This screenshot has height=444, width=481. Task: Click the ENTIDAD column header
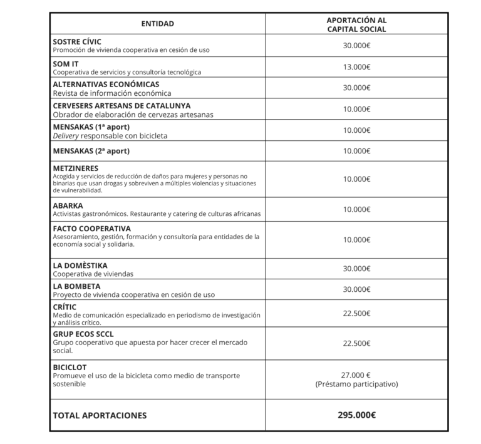click(x=157, y=24)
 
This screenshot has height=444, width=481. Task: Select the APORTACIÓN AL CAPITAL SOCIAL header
click(x=356, y=24)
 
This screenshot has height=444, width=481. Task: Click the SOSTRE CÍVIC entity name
click(x=77, y=41)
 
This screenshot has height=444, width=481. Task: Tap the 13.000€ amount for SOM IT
click(x=356, y=67)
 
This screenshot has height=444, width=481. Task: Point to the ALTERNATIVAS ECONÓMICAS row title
click(x=106, y=84)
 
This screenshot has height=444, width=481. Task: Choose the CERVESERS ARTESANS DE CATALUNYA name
click(x=122, y=106)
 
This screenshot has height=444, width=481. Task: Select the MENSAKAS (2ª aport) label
click(x=91, y=150)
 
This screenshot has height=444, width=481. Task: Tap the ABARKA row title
click(x=68, y=205)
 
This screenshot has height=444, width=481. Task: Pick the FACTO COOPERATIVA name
click(x=91, y=228)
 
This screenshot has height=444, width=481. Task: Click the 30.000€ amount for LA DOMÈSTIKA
click(x=356, y=269)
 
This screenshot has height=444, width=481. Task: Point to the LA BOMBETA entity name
click(x=76, y=286)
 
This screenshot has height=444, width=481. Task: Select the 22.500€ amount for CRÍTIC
click(x=356, y=314)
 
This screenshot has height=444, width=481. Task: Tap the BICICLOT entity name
click(x=70, y=366)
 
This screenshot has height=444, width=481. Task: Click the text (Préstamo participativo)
click(x=356, y=384)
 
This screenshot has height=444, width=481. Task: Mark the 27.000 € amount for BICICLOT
click(x=356, y=373)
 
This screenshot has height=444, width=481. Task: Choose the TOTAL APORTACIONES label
click(x=100, y=415)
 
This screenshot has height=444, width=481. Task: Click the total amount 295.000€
click(x=356, y=415)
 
